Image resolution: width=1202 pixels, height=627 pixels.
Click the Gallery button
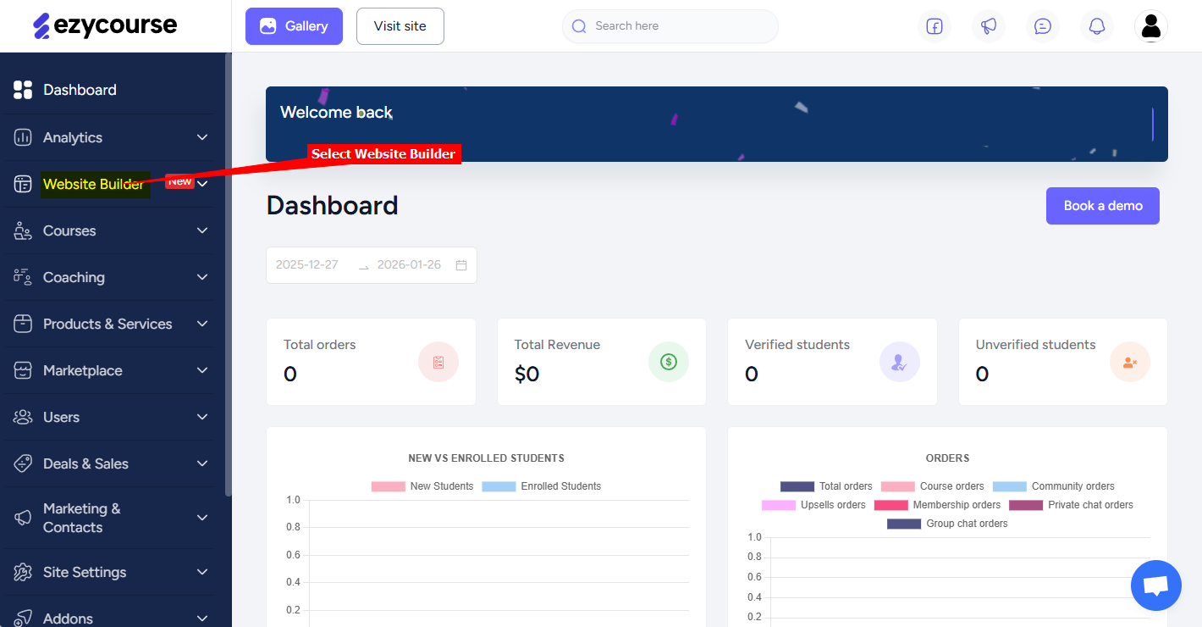(x=294, y=26)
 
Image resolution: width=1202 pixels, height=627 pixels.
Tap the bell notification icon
(x=1097, y=26)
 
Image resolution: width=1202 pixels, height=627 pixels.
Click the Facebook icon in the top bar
(x=935, y=26)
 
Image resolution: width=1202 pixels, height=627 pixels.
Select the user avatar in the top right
(x=1151, y=26)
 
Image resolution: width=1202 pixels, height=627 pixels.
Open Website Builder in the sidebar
(x=93, y=184)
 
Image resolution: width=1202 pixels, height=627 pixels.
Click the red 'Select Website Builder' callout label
(x=383, y=153)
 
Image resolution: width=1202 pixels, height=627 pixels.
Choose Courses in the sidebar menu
(x=69, y=230)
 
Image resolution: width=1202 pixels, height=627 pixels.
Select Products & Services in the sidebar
(x=108, y=324)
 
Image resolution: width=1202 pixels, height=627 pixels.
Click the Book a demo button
(x=1102, y=206)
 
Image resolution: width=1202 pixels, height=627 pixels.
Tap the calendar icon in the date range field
(x=461, y=265)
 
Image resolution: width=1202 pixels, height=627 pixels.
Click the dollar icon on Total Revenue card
(x=669, y=362)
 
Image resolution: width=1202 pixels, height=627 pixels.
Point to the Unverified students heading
(x=1035, y=345)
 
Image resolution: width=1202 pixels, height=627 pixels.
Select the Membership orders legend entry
(x=937, y=505)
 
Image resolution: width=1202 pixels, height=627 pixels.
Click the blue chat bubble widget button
(x=1155, y=585)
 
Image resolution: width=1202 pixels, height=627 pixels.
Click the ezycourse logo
(x=105, y=25)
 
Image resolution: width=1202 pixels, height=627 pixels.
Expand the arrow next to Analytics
(x=202, y=137)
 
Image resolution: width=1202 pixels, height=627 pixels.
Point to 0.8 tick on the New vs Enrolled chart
(x=293, y=527)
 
